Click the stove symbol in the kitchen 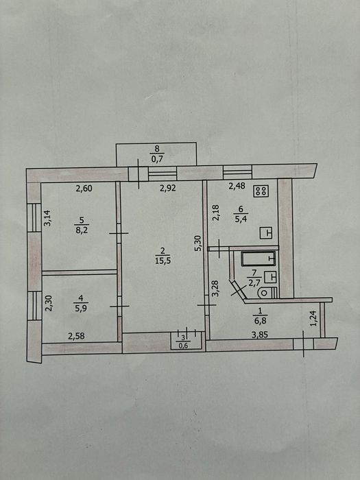[x=261, y=191]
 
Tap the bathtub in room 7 [x=259, y=259]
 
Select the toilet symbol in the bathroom [x=266, y=293]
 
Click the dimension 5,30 [x=199, y=243]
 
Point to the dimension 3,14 [x=47, y=217]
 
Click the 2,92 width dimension [x=168, y=188]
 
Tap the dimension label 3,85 [x=260, y=335]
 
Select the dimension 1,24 [x=313, y=318]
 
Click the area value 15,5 [x=163, y=261]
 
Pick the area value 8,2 [x=82, y=230]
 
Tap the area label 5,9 [x=81, y=309]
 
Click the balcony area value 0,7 [x=157, y=159]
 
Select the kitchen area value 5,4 [x=240, y=219]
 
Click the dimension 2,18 [x=215, y=213]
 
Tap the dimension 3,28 [x=215, y=289]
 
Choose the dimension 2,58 [x=76, y=336]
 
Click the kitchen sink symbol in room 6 [x=266, y=233]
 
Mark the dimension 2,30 [x=49, y=303]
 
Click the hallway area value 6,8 [x=260, y=321]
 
